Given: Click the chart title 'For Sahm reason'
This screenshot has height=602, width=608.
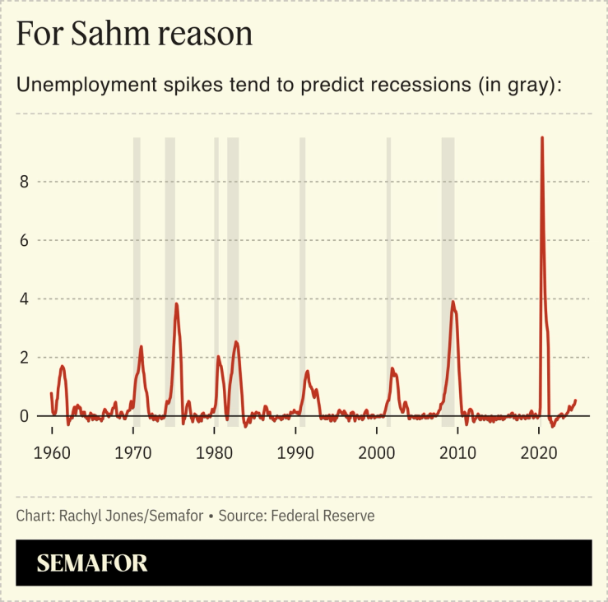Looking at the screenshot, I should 133,34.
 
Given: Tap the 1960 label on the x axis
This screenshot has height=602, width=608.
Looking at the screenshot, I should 52,452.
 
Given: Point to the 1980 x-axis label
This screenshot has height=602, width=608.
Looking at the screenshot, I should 215,452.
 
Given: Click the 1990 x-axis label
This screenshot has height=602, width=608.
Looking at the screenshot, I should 296,452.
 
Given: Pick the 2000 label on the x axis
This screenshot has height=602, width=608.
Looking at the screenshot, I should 378,452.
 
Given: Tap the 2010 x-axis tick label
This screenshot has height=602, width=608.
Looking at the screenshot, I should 458,452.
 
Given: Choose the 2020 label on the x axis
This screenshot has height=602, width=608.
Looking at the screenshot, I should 540,452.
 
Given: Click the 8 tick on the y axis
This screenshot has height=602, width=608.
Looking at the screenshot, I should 25,182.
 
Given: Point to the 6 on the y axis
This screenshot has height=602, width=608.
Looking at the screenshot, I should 25,241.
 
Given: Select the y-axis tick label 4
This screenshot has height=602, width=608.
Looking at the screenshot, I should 25,299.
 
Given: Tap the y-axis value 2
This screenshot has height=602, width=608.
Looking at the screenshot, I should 25,358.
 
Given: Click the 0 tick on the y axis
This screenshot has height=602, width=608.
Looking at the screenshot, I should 25,416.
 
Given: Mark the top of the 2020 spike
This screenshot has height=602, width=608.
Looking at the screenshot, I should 541,138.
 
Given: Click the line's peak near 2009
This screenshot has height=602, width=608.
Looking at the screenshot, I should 453,302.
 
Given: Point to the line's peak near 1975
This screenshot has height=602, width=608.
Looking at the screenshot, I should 176,304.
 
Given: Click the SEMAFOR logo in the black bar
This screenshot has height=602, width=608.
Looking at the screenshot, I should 92,563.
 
